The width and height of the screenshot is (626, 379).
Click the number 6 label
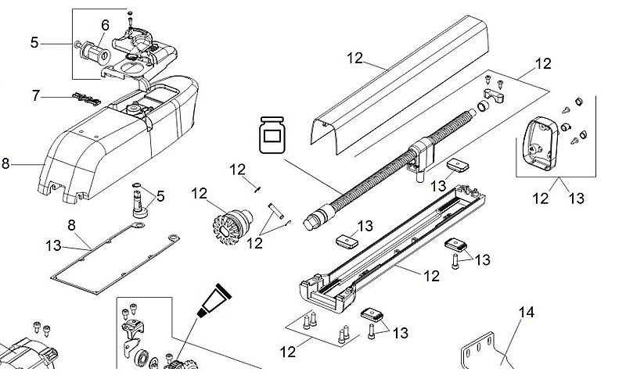105,25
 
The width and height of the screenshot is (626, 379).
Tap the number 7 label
35,95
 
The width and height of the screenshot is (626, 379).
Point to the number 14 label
527,313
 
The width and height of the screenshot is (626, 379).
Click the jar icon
270,136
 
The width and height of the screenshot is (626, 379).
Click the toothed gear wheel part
230,222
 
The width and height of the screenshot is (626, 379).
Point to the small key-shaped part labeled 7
85,98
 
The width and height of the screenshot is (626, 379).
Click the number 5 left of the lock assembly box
34,42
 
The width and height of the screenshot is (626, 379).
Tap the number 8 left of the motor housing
6,163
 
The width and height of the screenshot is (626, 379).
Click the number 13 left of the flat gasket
53,245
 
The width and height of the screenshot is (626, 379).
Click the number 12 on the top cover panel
354,57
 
